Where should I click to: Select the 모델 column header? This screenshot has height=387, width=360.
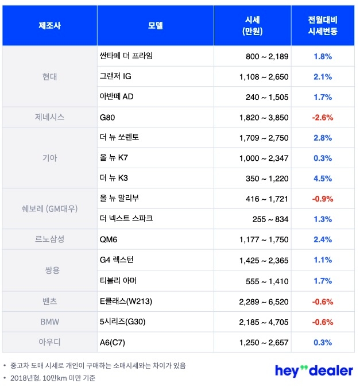(x=155, y=26)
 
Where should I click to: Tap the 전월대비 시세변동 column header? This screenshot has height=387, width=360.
(x=322, y=26)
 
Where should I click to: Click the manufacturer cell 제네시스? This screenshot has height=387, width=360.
(x=49, y=117)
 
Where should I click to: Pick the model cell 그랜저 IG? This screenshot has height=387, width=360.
(x=116, y=76)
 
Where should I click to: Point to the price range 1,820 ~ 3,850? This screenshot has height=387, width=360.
(x=264, y=117)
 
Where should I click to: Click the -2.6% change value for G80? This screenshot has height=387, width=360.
(x=322, y=117)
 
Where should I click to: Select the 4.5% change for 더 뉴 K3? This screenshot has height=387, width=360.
(x=322, y=179)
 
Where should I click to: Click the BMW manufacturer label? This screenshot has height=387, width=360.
(x=49, y=322)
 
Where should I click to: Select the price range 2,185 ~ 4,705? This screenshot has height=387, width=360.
(x=264, y=322)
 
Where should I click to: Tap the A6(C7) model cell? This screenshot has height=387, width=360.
(x=112, y=342)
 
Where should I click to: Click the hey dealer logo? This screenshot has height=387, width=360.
(x=313, y=370)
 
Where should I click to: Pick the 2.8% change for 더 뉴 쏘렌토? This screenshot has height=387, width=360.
(x=322, y=138)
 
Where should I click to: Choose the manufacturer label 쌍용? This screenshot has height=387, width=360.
(x=49, y=270)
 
